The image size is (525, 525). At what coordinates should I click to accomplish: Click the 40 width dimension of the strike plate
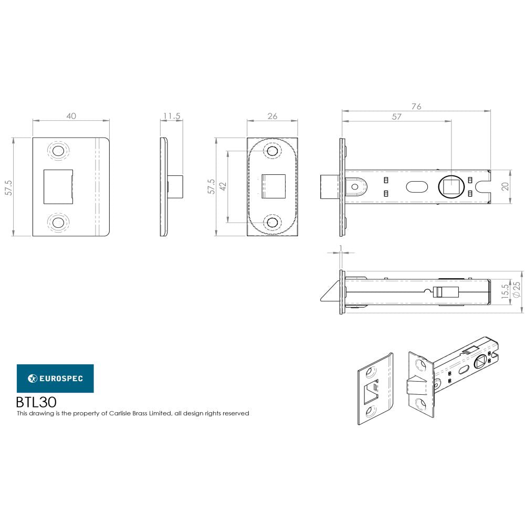click(x=71, y=116)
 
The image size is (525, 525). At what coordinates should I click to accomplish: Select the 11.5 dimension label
click(x=172, y=116)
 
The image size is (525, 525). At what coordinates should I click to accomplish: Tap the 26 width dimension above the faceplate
click(x=272, y=116)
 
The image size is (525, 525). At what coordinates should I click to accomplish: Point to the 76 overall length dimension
click(x=416, y=107)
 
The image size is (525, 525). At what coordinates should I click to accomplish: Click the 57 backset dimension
click(x=396, y=117)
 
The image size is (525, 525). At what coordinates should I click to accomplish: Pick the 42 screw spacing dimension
click(x=222, y=186)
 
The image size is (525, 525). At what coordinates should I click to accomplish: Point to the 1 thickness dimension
click(x=341, y=247)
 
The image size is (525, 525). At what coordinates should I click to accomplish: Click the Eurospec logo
click(x=55, y=378)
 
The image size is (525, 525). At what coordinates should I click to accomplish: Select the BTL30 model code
click(x=36, y=402)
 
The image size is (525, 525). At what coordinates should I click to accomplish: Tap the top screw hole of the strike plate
click(x=58, y=151)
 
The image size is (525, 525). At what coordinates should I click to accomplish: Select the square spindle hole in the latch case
click(x=451, y=186)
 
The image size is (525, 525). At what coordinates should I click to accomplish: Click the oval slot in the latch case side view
click(x=417, y=186)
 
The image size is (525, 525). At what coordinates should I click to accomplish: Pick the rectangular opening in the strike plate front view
click(x=57, y=186)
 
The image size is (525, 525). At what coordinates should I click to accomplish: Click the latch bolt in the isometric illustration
click(x=417, y=386)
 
